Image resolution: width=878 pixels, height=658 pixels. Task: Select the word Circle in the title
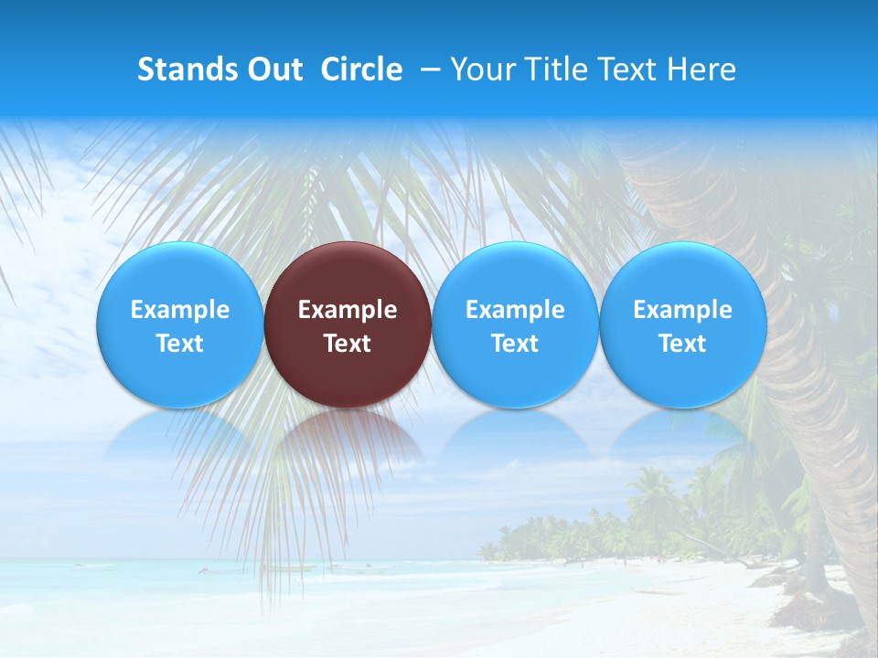point(361,69)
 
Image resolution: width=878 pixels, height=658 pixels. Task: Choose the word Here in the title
point(702,69)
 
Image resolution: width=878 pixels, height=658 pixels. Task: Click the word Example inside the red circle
point(348,310)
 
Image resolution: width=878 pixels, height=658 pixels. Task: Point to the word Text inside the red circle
point(348,344)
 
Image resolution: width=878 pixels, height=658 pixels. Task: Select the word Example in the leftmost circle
point(179,310)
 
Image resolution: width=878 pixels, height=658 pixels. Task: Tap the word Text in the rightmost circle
point(683,344)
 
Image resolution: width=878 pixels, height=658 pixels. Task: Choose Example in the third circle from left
point(515,310)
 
